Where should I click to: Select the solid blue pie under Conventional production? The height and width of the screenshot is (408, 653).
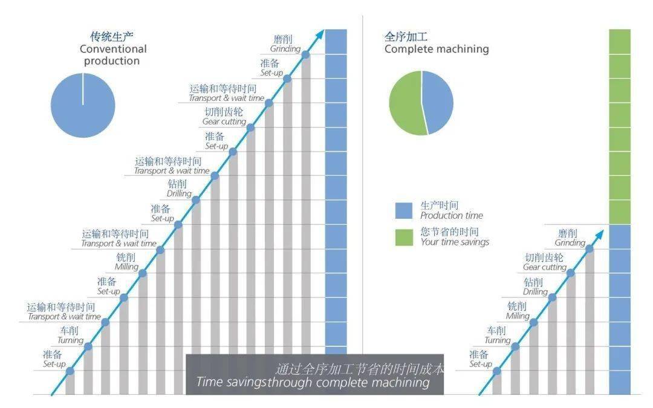(83, 105)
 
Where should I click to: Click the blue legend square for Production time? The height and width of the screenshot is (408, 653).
(403, 211)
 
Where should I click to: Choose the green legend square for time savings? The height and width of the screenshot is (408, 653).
(403, 238)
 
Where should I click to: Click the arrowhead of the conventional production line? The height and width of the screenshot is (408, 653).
(320, 34)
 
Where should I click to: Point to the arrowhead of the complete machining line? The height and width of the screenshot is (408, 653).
(600, 235)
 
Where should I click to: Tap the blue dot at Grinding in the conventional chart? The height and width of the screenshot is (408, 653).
(305, 54)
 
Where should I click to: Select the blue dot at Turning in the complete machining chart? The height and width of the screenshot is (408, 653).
(515, 346)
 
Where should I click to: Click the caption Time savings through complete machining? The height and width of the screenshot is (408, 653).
(313, 382)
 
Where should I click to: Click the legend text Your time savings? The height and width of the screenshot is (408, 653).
(454, 242)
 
